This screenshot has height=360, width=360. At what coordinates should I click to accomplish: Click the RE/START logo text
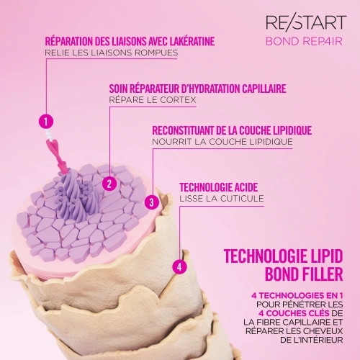(x=306, y=22)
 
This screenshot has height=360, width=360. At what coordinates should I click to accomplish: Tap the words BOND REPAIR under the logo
(x=304, y=42)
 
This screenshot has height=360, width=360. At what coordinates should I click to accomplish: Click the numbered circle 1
(x=46, y=121)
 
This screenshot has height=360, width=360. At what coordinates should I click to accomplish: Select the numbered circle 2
(x=109, y=184)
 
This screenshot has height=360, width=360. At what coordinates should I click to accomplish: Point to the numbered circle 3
(x=152, y=202)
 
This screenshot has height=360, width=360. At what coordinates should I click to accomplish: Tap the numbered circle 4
(x=179, y=266)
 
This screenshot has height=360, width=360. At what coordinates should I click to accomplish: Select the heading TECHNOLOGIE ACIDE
(x=219, y=187)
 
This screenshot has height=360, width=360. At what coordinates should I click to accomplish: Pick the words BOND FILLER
(x=304, y=274)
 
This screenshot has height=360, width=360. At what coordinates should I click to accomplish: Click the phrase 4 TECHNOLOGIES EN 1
(x=297, y=295)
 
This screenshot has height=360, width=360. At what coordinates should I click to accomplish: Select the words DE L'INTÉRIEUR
(x=311, y=340)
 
